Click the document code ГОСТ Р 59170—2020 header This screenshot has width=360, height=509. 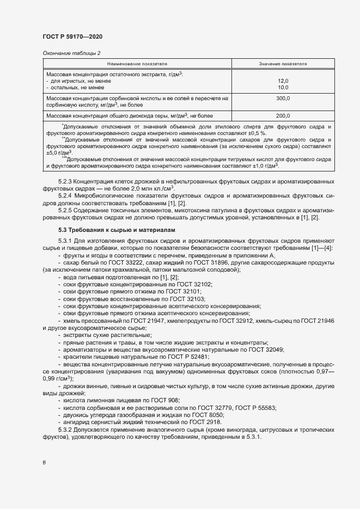[x=72, y=36]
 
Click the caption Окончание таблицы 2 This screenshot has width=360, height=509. [x=71, y=53]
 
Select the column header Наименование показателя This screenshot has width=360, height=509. [x=137, y=64]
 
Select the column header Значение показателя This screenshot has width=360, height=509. [x=283, y=64]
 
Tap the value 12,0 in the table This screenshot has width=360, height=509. [x=283, y=81]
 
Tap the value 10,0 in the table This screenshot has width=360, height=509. [x=283, y=87]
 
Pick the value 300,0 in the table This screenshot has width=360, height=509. [x=283, y=99]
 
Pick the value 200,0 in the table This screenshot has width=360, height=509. [x=283, y=116]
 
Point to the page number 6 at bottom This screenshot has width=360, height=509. [x=44, y=462]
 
